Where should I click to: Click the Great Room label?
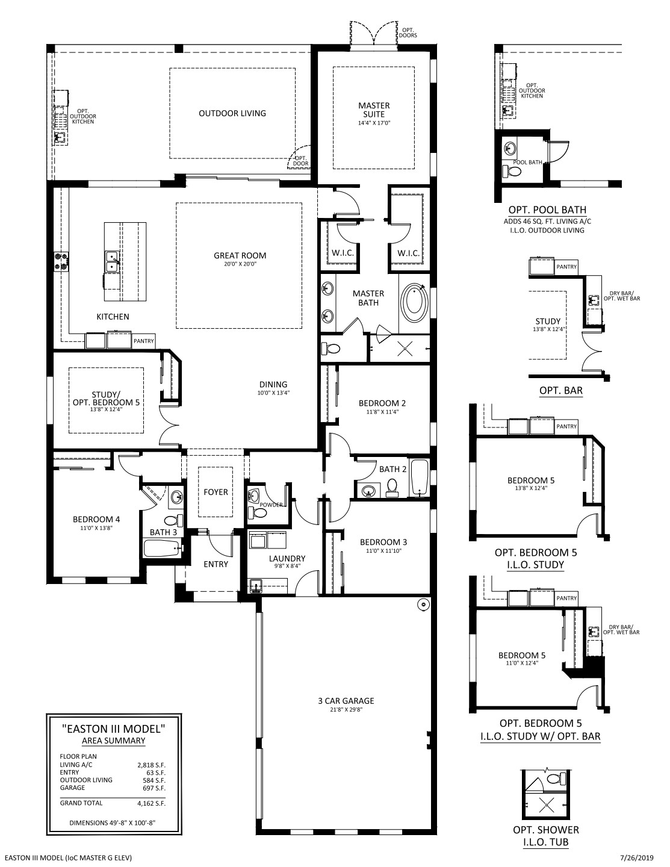pos(240,256)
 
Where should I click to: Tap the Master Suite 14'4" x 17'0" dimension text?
pos(374,123)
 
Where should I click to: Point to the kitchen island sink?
pos(112,262)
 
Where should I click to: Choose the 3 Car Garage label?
pos(346,701)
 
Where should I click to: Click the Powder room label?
pos(271,505)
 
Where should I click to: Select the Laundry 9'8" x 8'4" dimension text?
pos(287,566)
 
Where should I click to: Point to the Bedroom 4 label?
pos(96,519)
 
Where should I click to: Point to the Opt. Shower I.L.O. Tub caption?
pos(546,836)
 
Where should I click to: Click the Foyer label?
pos(216,492)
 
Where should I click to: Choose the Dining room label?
pos(273,384)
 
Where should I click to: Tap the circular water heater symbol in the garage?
pos(423,605)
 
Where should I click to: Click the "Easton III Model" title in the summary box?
pos(114,729)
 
